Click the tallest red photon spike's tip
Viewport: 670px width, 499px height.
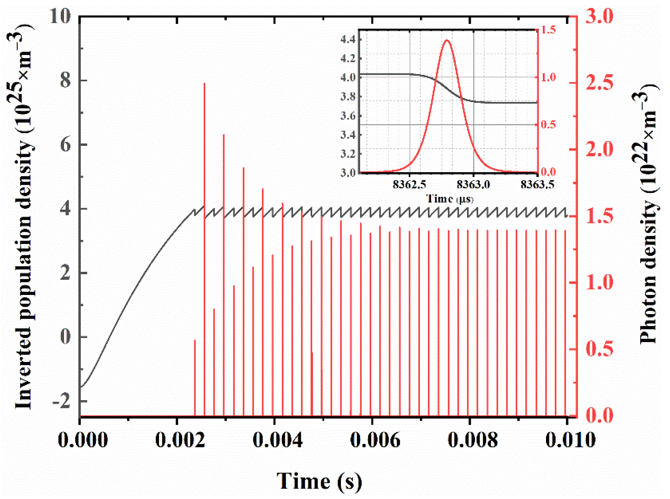pyautogui.click(x=205, y=83)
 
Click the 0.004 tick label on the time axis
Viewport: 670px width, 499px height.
pyautogui.click(x=278, y=441)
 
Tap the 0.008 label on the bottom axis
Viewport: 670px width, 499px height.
pyautogui.click(x=472, y=441)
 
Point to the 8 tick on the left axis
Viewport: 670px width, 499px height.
pyautogui.click(x=65, y=80)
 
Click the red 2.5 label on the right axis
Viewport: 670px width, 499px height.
pyautogui.click(x=600, y=83)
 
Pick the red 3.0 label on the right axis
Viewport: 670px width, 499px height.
pyautogui.click(x=600, y=16)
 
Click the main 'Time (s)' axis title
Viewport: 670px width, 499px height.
pyautogui.click(x=319, y=481)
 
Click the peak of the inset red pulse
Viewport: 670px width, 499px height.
pyautogui.click(x=447, y=40)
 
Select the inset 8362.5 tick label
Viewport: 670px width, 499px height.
pyautogui.click(x=409, y=184)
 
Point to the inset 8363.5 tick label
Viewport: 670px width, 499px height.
pyautogui.click(x=537, y=184)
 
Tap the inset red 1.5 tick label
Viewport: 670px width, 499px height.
pyautogui.click(x=548, y=30)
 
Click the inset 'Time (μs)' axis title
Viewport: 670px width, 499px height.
pyautogui.click(x=449, y=199)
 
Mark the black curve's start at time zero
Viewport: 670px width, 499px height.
pyautogui.click(x=81, y=387)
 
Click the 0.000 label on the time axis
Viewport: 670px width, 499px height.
pyautogui.click(x=82, y=441)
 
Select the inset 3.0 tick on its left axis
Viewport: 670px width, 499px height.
pyautogui.click(x=348, y=173)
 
